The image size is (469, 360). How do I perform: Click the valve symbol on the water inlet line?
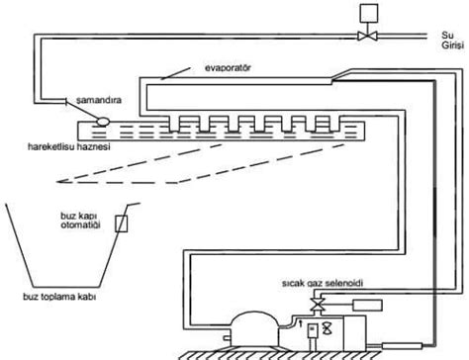[x=366, y=38]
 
